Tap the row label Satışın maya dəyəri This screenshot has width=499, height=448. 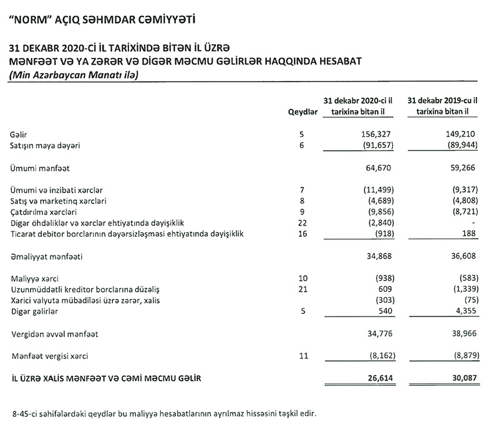[x=55, y=145]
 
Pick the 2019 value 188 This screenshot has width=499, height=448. [x=469, y=234]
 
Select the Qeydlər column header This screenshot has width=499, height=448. [x=303, y=111]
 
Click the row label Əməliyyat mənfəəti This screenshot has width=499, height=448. [x=46, y=256]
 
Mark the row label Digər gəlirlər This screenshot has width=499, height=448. [x=34, y=312]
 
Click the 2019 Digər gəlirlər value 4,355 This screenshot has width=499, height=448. [x=465, y=312]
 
